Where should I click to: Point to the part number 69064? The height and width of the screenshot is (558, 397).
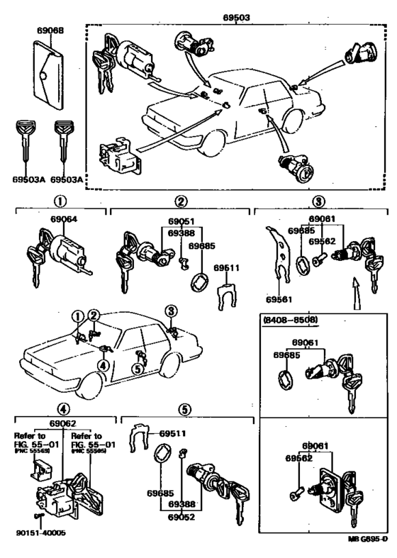point(62,220)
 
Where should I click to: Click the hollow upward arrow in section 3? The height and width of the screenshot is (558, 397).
point(355,291)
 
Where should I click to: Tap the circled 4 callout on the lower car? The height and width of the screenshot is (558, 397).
point(104,365)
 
